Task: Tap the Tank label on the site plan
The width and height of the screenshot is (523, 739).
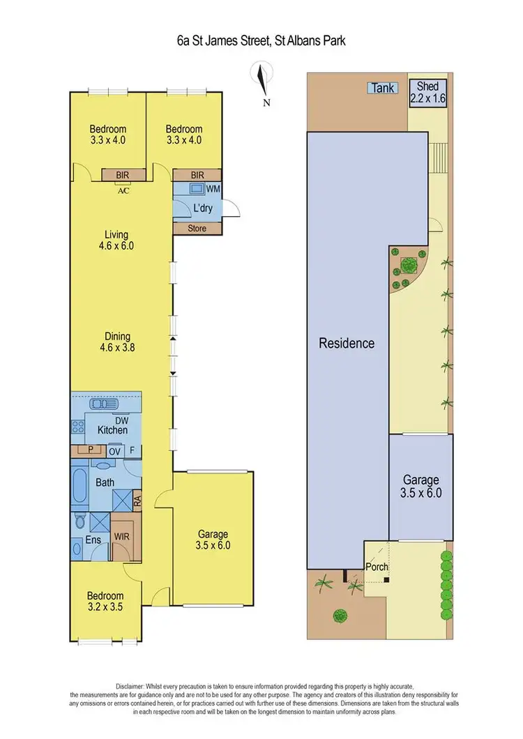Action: click(383, 88)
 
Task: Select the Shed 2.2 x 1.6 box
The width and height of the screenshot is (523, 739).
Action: click(427, 92)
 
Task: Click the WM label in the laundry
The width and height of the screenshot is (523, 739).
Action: click(213, 189)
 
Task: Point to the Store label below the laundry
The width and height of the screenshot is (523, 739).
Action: click(197, 228)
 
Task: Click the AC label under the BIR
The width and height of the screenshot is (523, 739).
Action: click(123, 190)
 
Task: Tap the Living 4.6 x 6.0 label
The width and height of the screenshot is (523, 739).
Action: click(116, 240)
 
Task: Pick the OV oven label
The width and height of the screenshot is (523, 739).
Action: click(115, 451)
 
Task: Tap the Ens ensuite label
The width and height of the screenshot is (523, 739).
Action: click(93, 540)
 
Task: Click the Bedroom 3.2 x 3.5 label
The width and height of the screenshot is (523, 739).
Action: click(105, 601)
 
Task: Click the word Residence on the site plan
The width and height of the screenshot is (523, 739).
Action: click(347, 343)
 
